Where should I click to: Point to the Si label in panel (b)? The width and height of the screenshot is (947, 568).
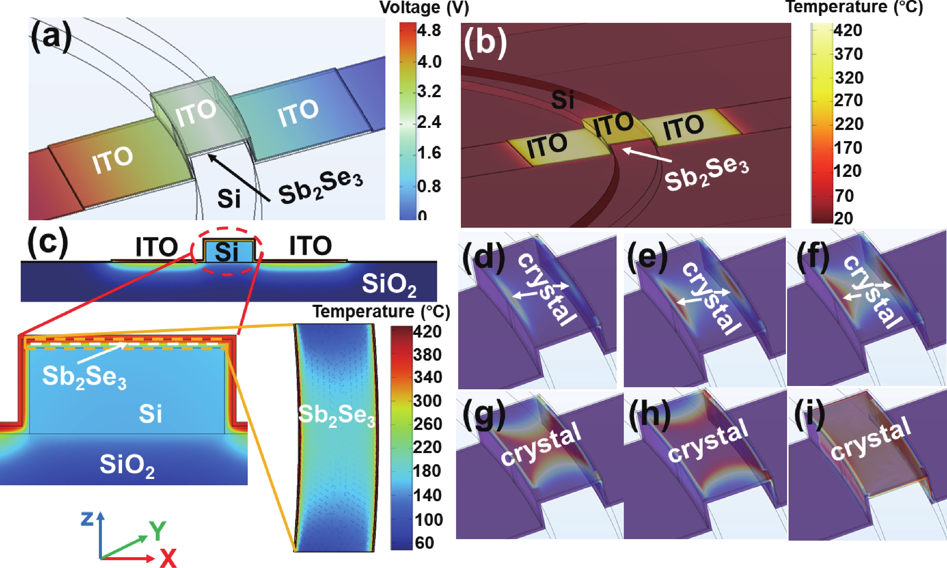(x=562, y=100)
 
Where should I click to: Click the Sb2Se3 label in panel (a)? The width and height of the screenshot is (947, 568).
(x=320, y=188)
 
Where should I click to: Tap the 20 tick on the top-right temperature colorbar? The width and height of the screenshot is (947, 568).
(x=843, y=218)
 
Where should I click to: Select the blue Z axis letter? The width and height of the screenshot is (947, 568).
(x=87, y=519)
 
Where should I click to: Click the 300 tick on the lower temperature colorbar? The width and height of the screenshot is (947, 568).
(x=427, y=401)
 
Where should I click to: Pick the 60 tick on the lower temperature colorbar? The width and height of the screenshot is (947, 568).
(x=424, y=543)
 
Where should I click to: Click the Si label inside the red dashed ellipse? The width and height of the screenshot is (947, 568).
(x=226, y=252)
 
